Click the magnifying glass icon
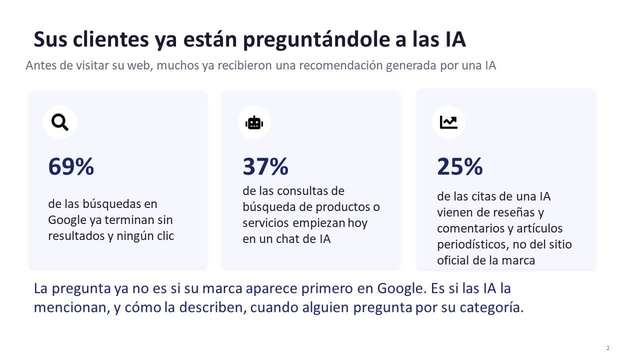[x=60, y=122]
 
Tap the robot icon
[x=254, y=123]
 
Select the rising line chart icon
[x=448, y=122]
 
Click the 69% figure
[x=71, y=166]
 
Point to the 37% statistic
[x=265, y=166]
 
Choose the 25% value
[x=459, y=166]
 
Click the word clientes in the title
[x=111, y=39]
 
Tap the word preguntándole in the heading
[x=316, y=40]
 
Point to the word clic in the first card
[x=165, y=236]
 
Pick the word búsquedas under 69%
[x=111, y=204]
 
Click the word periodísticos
[x=473, y=244]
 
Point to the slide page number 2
[x=607, y=348]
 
